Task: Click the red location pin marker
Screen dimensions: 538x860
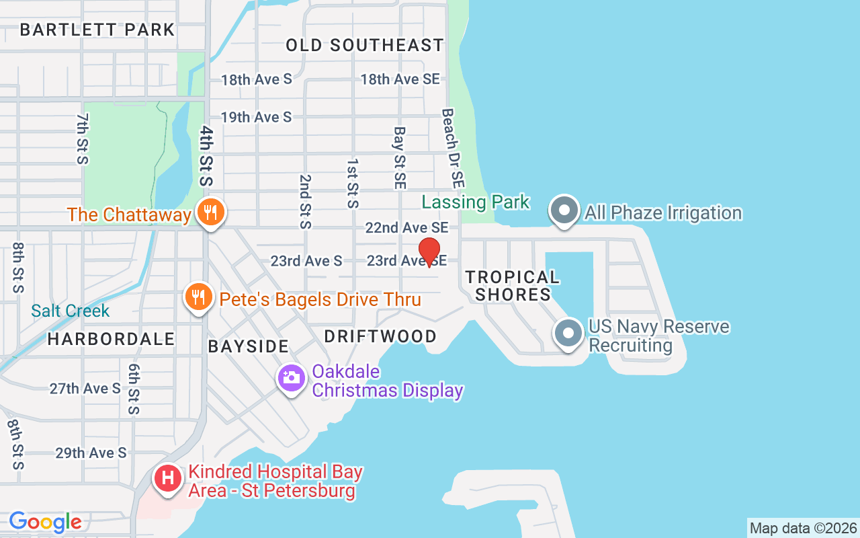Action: coord(429,252)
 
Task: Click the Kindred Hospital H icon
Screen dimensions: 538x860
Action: coord(168,479)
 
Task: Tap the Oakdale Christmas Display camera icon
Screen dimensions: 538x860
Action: coord(292,378)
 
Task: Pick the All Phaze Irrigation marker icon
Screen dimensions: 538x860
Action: coord(564,210)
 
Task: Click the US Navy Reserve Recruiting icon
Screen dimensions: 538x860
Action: coord(568,333)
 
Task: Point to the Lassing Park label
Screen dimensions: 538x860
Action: coord(476,202)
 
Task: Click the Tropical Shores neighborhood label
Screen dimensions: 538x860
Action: coord(513,286)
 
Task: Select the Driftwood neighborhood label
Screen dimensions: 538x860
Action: coord(380,336)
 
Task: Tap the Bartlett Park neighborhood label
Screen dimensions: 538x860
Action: coord(97,30)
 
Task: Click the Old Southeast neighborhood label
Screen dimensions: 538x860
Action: coord(365,45)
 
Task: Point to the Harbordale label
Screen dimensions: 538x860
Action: coord(111,339)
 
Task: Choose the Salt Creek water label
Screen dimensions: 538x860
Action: coord(70,311)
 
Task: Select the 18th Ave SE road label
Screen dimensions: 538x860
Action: coord(400,79)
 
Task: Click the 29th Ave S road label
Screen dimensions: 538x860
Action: coord(91,453)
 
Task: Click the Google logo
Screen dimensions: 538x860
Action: coord(45,522)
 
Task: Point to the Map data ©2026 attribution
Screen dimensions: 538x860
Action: coord(804,528)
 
